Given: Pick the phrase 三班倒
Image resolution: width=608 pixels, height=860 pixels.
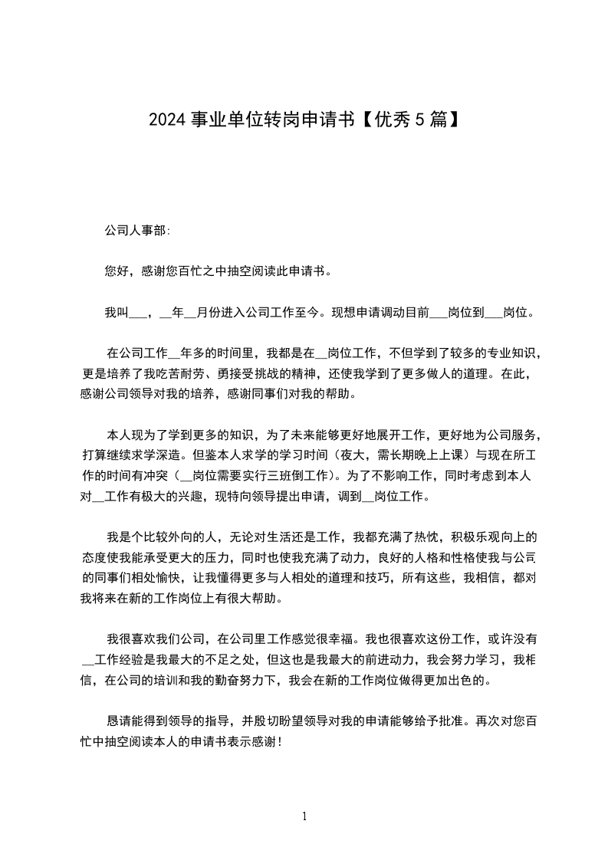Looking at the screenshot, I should pos(292,474).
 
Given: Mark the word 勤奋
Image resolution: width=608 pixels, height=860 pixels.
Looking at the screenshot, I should pos(225,679).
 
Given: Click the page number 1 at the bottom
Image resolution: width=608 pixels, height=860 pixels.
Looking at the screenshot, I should pos(304,817).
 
